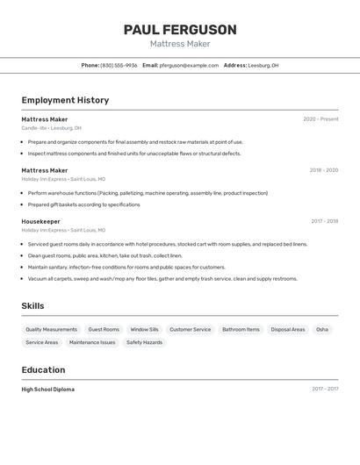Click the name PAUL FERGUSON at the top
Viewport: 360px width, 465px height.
(x=180, y=30)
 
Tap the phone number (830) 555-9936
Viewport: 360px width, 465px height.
(x=119, y=65)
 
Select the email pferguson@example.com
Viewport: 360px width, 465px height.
(x=189, y=65)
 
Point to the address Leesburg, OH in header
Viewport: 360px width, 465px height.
(x=263, y=65)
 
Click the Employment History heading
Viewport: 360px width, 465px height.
(x=65, y=100)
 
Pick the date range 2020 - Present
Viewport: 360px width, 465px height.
(x=320, y=119)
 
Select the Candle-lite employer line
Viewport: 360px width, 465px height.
(x=51, y=128)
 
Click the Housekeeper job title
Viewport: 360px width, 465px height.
(x=40, y=221)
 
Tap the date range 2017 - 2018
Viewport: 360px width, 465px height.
(x=324, y=221)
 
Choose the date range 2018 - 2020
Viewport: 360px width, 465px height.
(x=323, y=170)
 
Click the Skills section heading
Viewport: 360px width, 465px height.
(x=32, y=306)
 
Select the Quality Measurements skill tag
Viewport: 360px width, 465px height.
(x=51, y=329)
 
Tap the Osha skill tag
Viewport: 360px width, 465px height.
(x=322, y=329)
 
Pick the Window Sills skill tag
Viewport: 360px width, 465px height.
(x=144, y=329)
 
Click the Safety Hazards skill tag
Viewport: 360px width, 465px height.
(x=144, y=342)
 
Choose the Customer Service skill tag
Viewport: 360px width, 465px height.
(x=190, y=329)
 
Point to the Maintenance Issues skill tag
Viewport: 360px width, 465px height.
(x=92, y=342)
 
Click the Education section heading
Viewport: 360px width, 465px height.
(x=43, y=369)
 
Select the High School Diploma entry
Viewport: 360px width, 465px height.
(x=47, y=389)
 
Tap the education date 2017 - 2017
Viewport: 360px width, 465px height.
(x=324, y=389)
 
